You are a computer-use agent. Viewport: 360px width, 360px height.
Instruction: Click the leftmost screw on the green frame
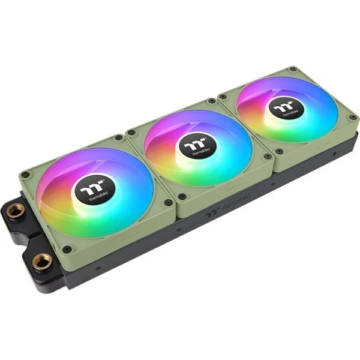tap(25, 175)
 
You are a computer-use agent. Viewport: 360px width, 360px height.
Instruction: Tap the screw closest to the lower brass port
tap(67, 249)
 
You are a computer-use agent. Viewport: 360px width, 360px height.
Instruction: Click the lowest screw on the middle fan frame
tap(181, 196)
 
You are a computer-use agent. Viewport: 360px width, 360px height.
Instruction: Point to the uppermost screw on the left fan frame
tap(119, 137)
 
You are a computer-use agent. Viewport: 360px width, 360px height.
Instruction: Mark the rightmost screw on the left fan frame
tap(169, 202)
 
